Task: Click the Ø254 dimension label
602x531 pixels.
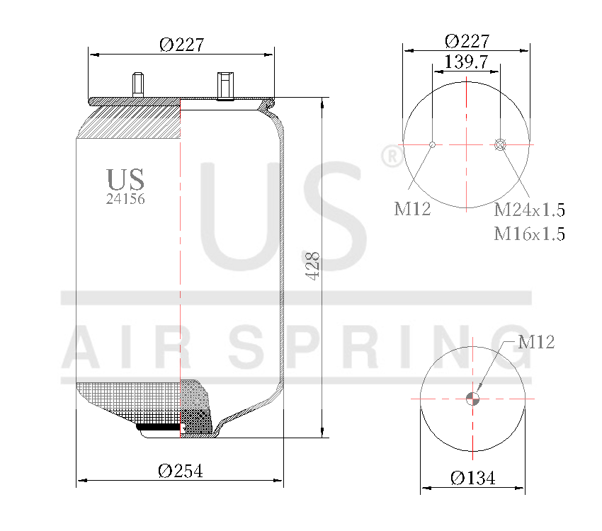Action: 180,471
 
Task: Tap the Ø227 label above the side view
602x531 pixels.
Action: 181,45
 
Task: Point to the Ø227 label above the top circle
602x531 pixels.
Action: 467,40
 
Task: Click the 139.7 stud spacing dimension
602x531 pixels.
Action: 465,62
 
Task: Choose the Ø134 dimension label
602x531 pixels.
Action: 473,478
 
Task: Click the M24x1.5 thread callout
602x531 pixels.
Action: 529,210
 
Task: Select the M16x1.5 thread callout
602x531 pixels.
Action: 529,234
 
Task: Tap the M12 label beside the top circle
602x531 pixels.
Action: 412,209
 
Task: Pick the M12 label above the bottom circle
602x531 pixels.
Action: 536,343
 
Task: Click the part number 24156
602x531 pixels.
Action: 125,200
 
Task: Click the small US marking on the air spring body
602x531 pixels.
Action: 125,179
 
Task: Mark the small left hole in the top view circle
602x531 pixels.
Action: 433,145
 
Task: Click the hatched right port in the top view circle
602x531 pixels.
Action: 500,145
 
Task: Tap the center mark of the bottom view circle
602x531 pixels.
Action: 472,399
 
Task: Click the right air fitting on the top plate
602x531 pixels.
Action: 225,86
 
